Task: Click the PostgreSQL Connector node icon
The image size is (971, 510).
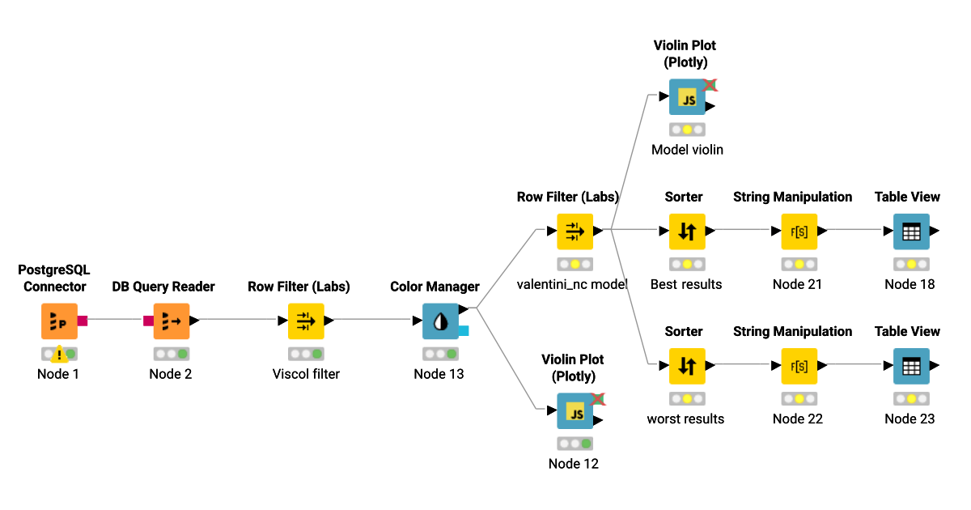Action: [x=59, y=321]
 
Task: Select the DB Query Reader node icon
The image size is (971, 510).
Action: [x=171, y=321]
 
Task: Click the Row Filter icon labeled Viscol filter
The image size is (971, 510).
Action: [x=306, y=321]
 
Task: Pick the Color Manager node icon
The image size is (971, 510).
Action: [x=440, y=321]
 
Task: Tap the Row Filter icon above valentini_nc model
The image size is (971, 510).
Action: [x=575, y=232]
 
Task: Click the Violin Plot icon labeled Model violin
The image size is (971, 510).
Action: [x=687, y=97]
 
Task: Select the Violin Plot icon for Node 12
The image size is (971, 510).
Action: [x=575, y=411]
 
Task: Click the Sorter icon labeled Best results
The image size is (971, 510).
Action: [x=687, y=232]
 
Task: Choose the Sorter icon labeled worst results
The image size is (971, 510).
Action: [x=687, y=366]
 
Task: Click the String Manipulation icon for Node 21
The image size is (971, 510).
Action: [x=799, y=232]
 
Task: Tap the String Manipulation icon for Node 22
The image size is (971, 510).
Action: [x=799, y=366]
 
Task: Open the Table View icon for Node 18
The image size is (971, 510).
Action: [x=911, y=232]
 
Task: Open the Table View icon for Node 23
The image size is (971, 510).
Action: [x=911, y=366]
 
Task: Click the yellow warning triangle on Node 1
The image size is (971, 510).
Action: [x=59, y=355]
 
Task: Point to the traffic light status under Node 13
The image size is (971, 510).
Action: [x=440, y=354]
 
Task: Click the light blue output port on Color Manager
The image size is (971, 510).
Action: [x=463, y=330]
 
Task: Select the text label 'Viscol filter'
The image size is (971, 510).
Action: [x=306, y=374]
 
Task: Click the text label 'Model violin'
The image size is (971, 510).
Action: [x=687, y=150]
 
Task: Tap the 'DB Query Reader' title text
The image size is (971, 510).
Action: [x=163, y=287]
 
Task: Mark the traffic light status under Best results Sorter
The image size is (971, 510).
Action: [x=687, y=264]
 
